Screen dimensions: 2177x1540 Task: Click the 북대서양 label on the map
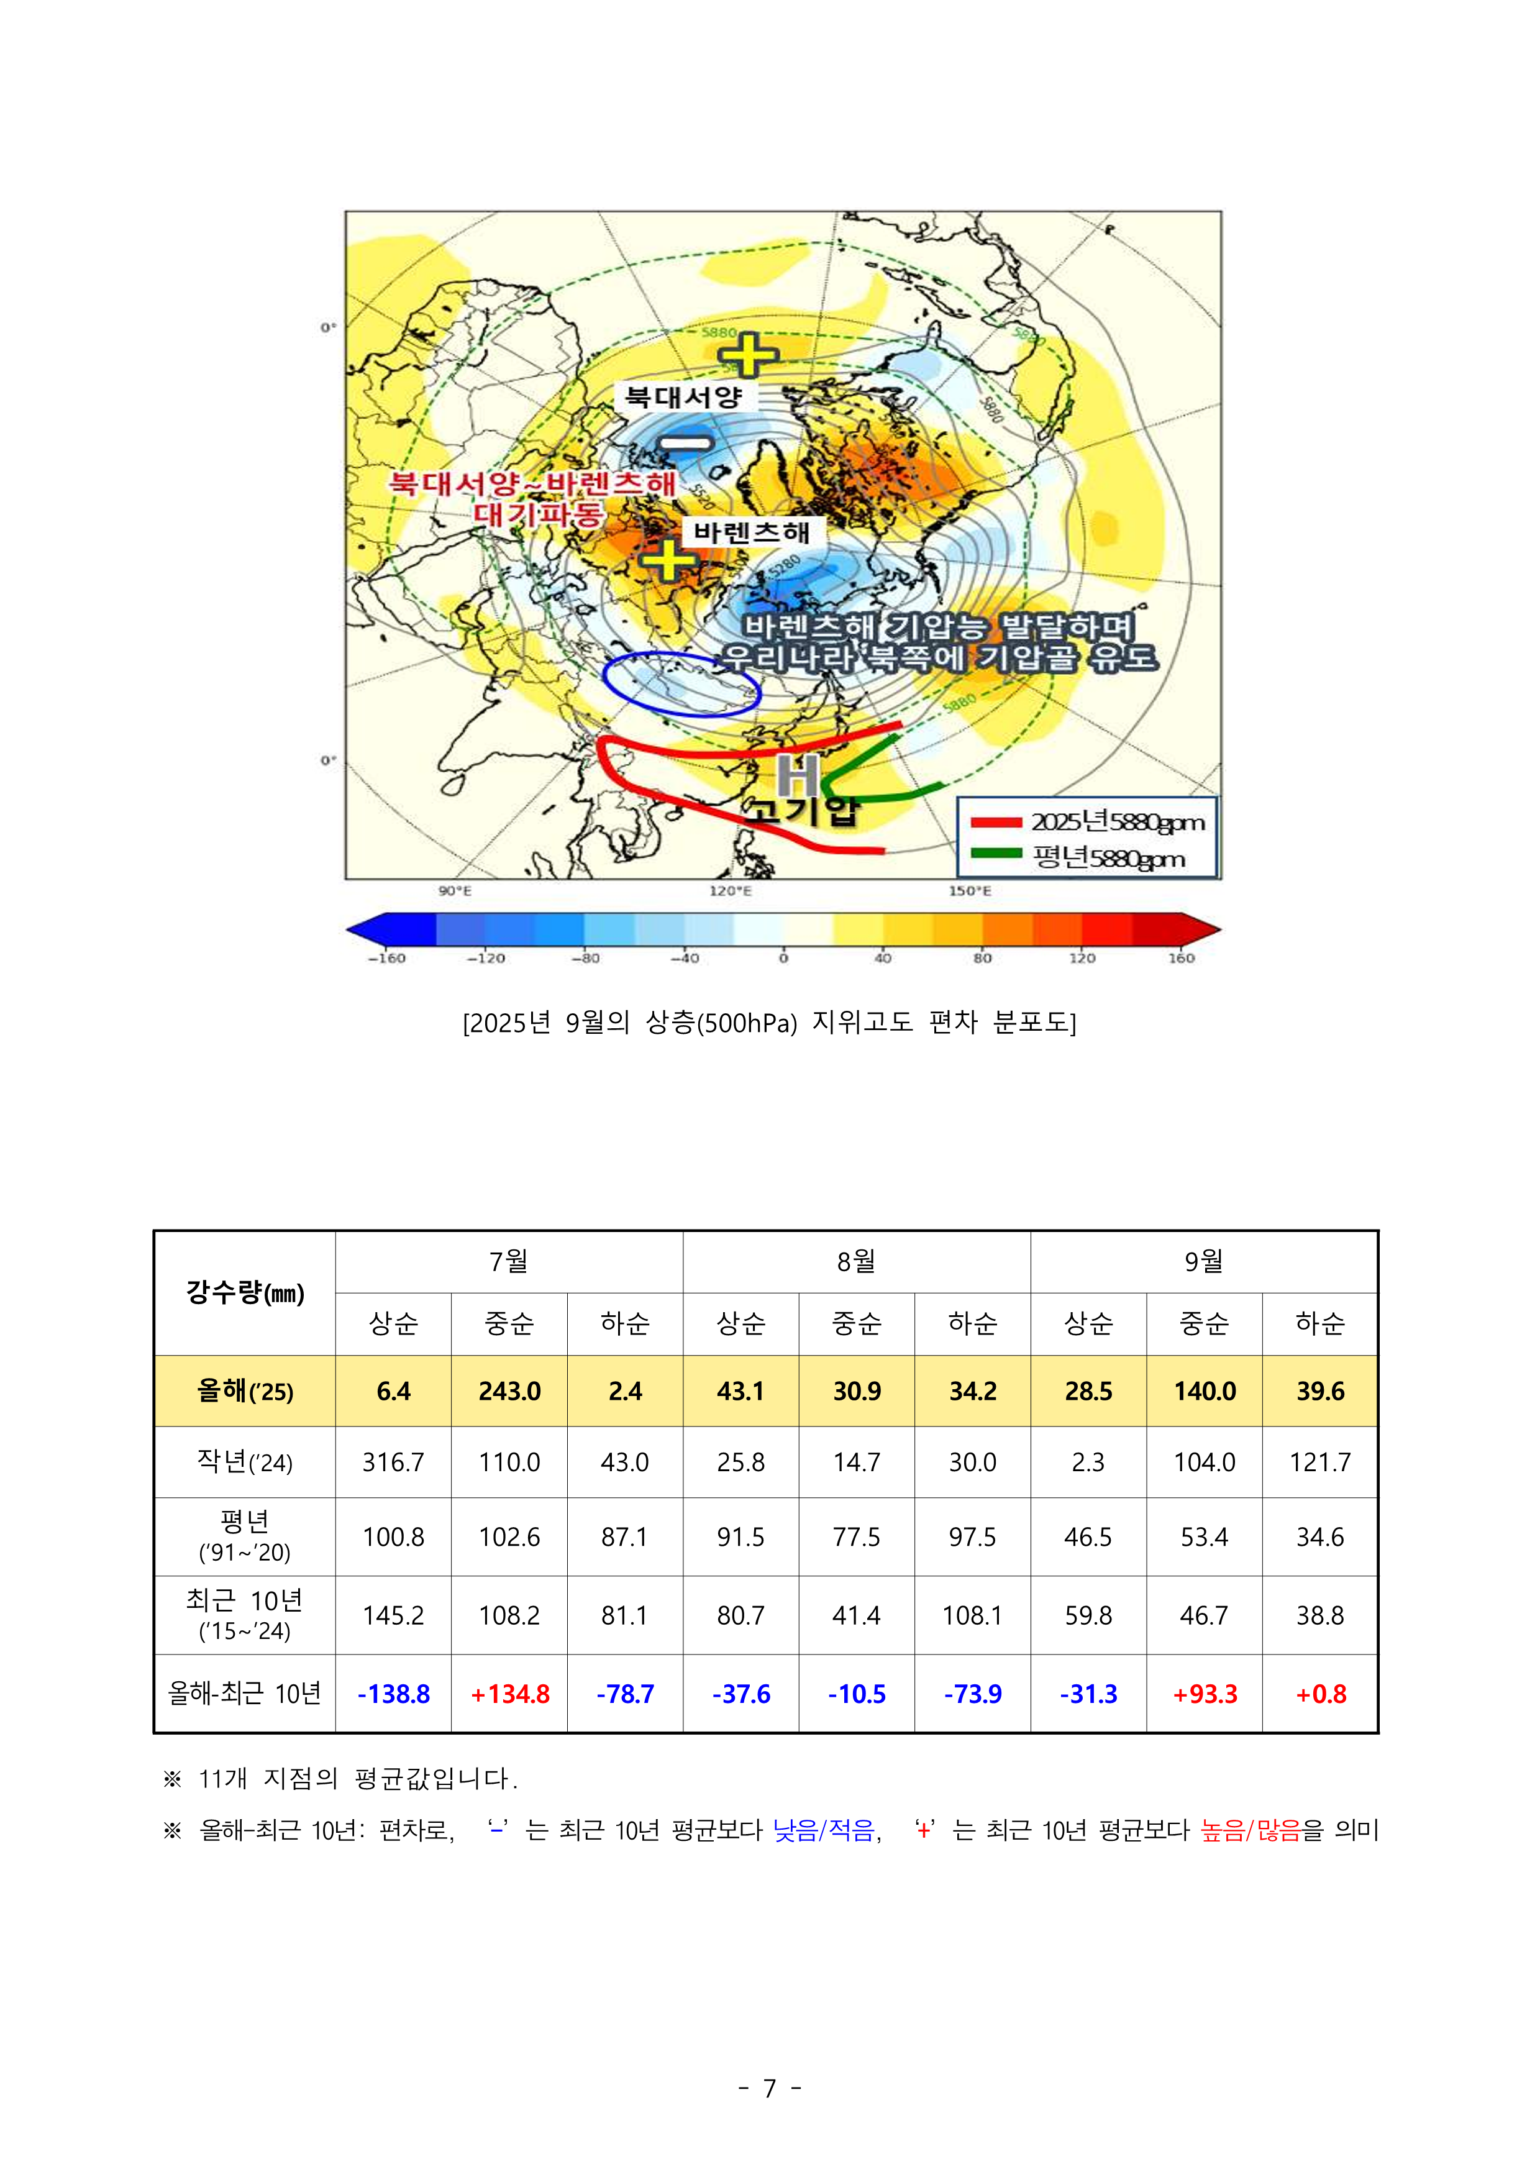click(x=683, y=396)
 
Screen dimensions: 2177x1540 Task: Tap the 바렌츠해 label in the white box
click(x=751, y=532)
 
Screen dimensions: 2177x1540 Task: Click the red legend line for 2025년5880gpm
click(x=996, y=822)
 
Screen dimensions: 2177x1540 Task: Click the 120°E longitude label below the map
click(x=730, y=892)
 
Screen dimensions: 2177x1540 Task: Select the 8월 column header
click(x=856, y=1261)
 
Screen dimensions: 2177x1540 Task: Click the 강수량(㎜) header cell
click(x=245, y=1292)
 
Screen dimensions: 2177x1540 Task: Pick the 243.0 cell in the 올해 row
click(x=509, y=1391)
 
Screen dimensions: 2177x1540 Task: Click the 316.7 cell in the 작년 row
click(x=393, y=1462)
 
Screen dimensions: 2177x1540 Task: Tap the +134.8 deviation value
click(x=509, y=1694)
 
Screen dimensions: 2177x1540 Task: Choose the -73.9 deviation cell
click(x=972, y=1694)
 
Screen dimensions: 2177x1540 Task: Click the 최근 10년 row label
click(x=245, y=1615)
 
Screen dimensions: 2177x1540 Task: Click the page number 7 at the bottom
click(x=770, y=2088)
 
